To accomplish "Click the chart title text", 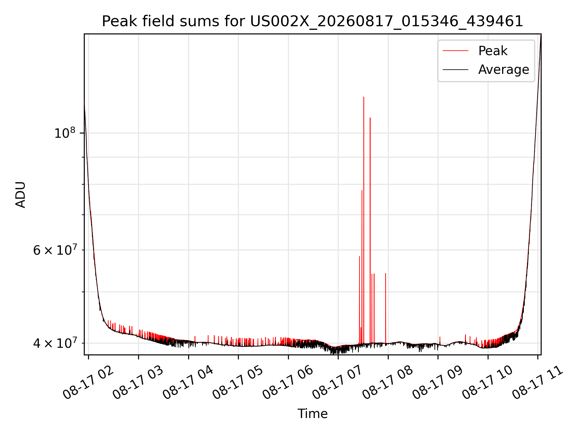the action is click(x=312, y=21).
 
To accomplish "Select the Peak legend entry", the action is click(x=475, y=51).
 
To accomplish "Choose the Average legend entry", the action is click(x=486, y=70).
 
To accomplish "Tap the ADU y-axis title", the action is click(x=21, y=195).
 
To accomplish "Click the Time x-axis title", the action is click(x=312, y=414).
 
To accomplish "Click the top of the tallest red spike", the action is click(x=364, y=97).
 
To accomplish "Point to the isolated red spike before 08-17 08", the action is click(x=385, y=308).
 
